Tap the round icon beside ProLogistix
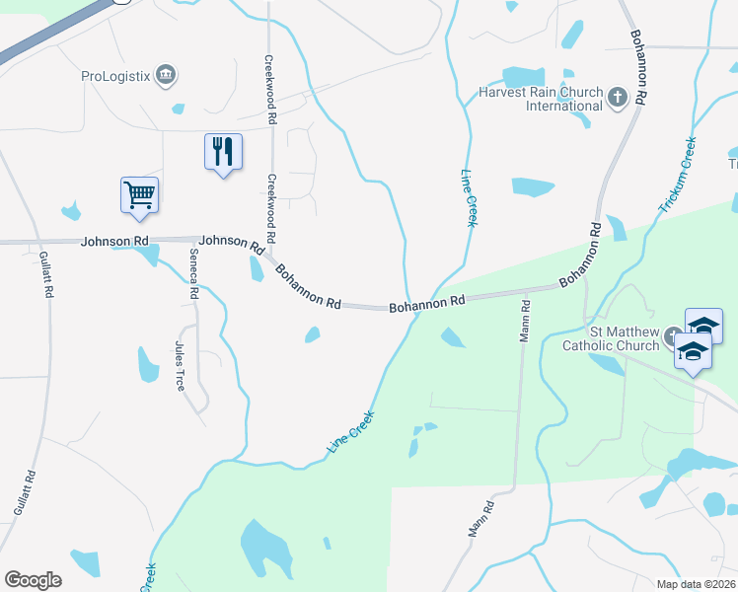pyautogui.click(x=166, y=74)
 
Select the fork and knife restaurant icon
pyautogui.click(x=223, y=152)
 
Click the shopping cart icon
pyautogui.click(x=139, y=195)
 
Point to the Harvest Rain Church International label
pyautogui.click(x=540, y=99)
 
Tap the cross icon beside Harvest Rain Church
pyautogui.click(x=617, y=97)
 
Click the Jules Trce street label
pyautogui.click(x=180, y=366)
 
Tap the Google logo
pyautogui.click(x=33, y=579)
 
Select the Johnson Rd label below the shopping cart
pyautogui.click(x=114, y=241)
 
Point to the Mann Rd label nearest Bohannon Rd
pyautogui.click(x=526, y=319)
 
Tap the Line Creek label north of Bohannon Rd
pyautogui.click(x=469, y=198)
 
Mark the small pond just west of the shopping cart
pyautogui.click(x=70, y=210)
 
